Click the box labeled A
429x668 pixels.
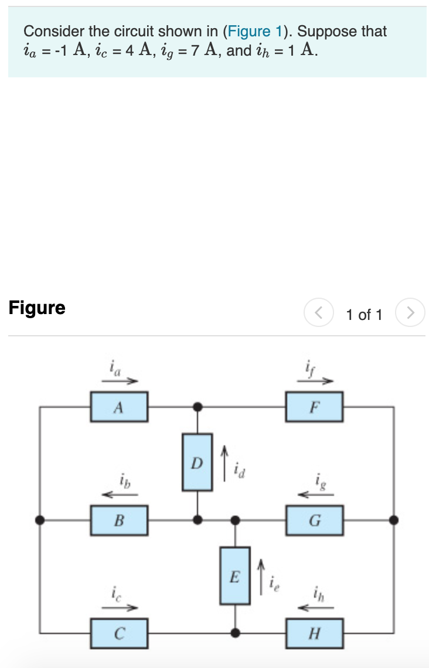click(x=119, y=407)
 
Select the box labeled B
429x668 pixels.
click(x=119, y=521)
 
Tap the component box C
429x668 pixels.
click(x=119, y=634)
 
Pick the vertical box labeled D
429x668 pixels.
click(x=198, y=462)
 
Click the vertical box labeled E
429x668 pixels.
click(x=235, y=576)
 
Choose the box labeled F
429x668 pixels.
click(x=314, y=407)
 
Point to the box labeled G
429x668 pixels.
click(x=314, y=521)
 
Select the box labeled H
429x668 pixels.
click(x=314, y=634)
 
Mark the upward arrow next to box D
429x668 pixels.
click(x=224, y=463)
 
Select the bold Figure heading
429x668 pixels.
click(x=37, y=308)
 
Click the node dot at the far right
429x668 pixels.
click(x=394, y=520)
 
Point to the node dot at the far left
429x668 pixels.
click(x=40, y=520)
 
